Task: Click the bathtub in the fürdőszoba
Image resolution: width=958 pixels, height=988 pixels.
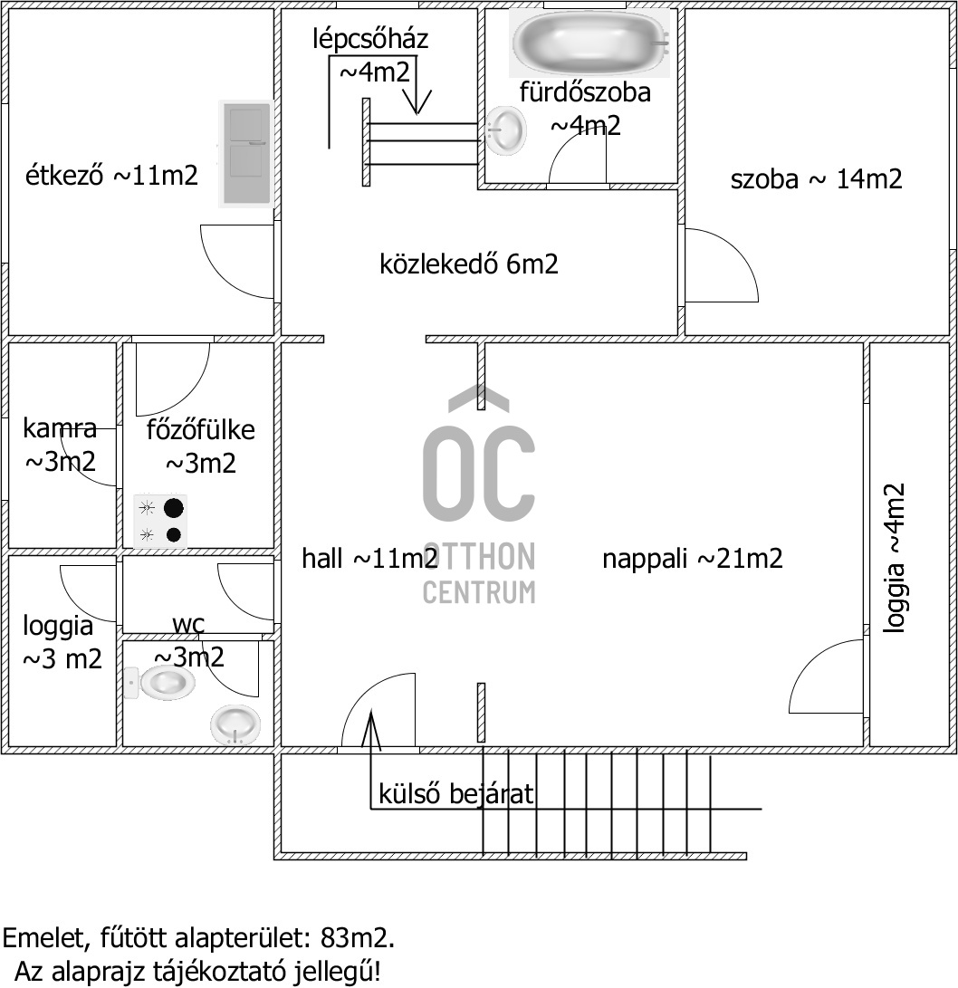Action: point(590,43)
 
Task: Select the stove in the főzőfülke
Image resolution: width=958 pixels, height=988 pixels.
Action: point(159,522)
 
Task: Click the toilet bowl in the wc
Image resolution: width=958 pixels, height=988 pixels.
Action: point(164,682)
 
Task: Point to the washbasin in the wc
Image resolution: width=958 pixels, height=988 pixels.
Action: point(235,724)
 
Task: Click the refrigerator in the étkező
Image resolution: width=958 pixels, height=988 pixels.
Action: point(246,153)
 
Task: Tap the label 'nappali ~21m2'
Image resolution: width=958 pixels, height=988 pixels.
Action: point(693,559)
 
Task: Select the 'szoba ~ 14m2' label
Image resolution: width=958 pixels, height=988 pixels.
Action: point(816,178)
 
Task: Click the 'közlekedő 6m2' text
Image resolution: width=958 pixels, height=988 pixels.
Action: point(468,264)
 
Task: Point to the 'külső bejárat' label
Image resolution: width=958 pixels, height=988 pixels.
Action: point(455,794)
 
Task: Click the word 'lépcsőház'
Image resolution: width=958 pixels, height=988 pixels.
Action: point(369,39)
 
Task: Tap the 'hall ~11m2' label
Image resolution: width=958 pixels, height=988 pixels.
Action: point(369,559)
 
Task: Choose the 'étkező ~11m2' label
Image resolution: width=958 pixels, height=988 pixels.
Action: point(111,175)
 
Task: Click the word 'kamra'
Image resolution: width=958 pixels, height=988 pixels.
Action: point(60,428)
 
